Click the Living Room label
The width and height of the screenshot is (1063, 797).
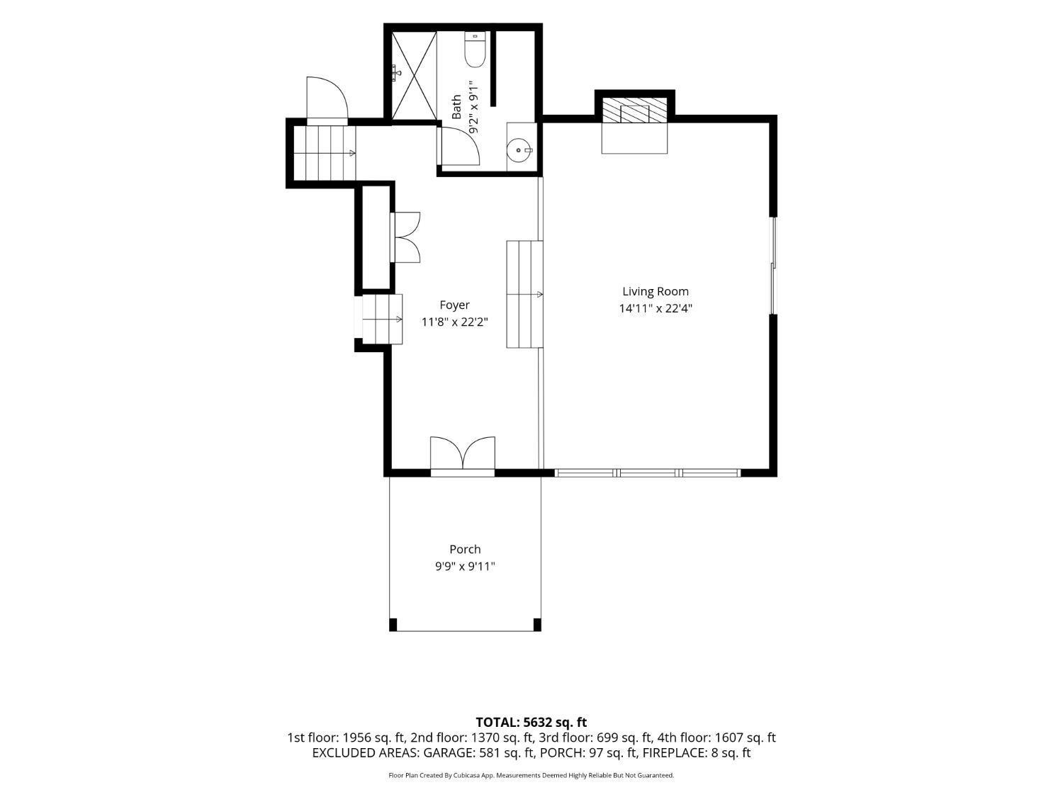point(656,291)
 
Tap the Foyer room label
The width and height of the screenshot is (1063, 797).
point(454,305)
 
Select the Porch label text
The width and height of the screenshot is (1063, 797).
point(465,549)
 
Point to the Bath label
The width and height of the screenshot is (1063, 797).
point(456,107)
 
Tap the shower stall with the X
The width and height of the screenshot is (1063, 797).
point(414,75)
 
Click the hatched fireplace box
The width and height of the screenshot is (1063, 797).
point(634,112)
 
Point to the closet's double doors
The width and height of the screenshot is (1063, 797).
point(406,237)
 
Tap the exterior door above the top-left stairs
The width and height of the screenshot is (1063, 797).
point(327,99)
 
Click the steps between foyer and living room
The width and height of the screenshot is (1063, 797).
point(525,294)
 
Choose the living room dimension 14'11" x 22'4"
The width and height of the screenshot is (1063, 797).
point(656,309)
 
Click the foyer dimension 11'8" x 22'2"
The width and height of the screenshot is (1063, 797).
point(454,322)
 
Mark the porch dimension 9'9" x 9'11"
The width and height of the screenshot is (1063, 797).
point(465,566)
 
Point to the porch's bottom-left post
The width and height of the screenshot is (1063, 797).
point(393,625)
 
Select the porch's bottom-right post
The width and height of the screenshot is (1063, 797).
point(537,625)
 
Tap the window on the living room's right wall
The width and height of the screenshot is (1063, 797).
point(774,265)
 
